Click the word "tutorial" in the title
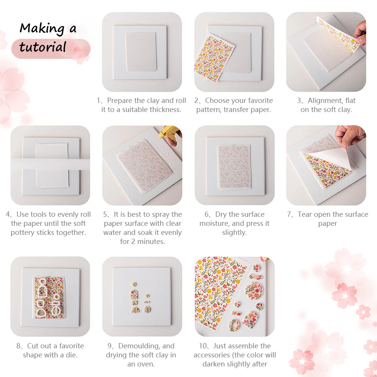point(43,47)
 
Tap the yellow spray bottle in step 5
point(168,132)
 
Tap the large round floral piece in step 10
point(254,291)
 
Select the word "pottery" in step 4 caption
point(23,233)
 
